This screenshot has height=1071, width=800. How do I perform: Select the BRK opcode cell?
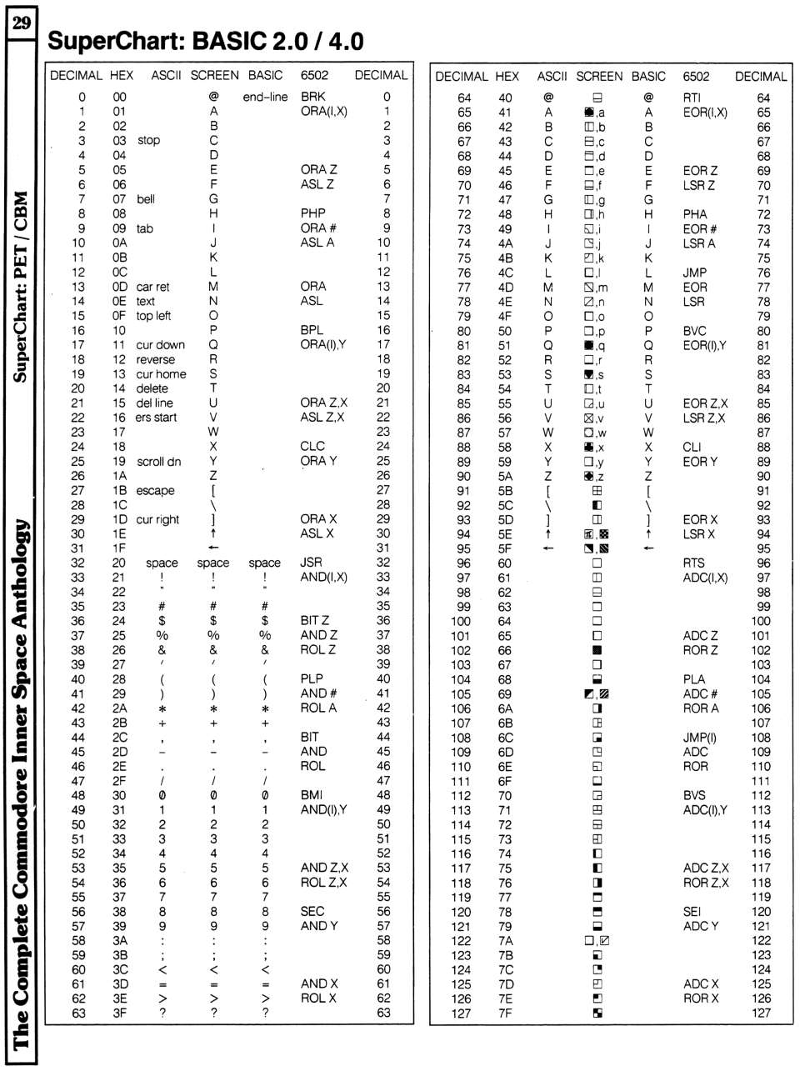click(312, 97)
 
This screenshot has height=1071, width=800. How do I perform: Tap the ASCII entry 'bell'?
click(146, 199)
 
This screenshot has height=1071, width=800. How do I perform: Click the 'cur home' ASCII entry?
click(161, 374)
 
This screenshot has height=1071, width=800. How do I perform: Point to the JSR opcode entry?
click(311, 563)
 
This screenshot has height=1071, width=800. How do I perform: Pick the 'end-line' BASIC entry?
click(265, 97)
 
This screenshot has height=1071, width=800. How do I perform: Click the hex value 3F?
click(120, 1013)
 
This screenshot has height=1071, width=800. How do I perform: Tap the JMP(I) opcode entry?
click(700, 738)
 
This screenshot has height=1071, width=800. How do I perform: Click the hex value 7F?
click(505, 1013)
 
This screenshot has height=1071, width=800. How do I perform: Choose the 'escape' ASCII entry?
click(155, 491)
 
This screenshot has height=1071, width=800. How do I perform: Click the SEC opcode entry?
click(312, 911)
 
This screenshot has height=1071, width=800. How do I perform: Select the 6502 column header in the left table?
click(314, 75)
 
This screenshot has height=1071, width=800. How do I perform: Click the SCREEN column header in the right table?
click(599, 76)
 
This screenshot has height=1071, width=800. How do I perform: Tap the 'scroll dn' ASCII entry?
click(158, 462)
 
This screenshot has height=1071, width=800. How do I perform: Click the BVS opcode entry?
click(694, 796)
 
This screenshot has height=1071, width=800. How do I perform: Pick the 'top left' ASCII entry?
click(153, 316)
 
